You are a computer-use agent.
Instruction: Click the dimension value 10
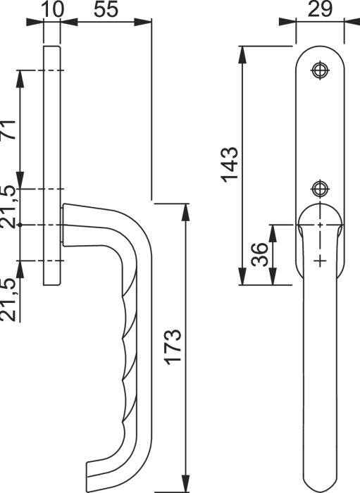52,9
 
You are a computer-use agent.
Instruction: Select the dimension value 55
106,9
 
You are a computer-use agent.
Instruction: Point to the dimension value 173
173,347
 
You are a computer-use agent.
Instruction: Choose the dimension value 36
260,254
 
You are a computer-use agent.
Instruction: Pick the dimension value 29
320,9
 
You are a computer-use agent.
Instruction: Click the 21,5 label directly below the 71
8,206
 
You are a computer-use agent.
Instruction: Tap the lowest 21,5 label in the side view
8,299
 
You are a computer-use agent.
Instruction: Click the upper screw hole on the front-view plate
320,70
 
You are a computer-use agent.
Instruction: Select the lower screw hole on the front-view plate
320,189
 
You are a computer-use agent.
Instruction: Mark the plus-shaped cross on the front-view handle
320,261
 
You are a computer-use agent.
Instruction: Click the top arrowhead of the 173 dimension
186,212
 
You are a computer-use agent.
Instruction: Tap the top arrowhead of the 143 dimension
242,55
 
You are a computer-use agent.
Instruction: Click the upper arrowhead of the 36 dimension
273,233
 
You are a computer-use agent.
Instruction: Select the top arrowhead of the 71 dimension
20,79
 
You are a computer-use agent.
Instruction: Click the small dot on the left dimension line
20,225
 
